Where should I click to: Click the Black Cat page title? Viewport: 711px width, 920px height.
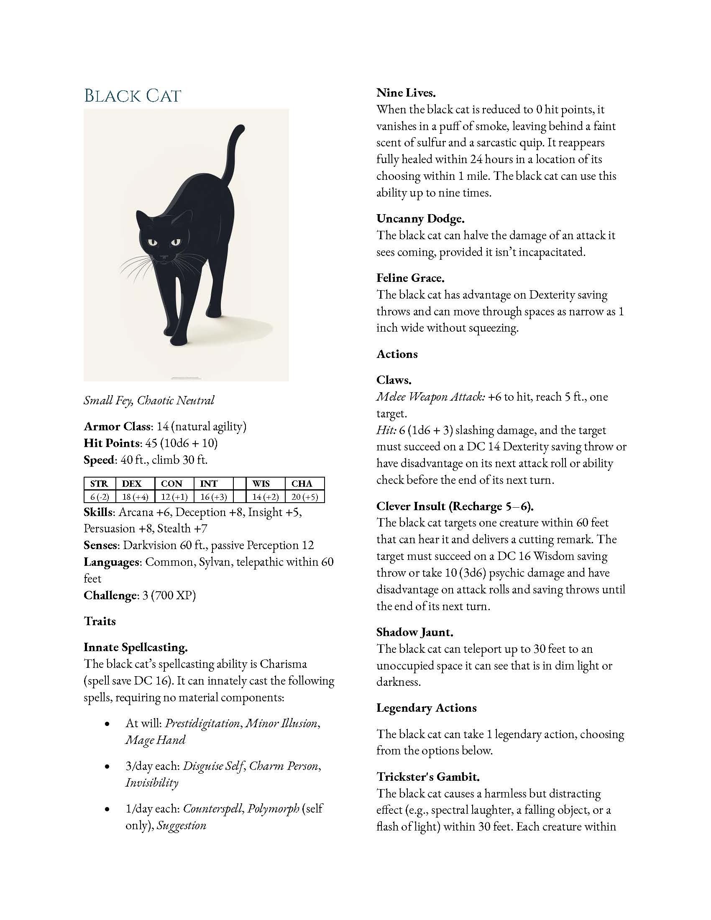click(x=132, y=96)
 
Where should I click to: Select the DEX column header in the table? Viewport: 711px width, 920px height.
click(x=131, y=483)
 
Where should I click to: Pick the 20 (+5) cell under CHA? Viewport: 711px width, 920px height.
click(x=304, y=497)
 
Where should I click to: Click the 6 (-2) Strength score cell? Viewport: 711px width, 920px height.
click(x=100, y=497)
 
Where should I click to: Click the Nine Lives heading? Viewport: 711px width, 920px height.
click(x=406, y=93)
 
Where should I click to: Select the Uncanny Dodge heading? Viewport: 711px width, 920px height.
click(x=420, y=219)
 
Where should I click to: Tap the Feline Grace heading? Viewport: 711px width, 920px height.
click(x=410, y=278)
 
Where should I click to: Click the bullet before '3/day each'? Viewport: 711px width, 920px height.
click(x=107, y=767)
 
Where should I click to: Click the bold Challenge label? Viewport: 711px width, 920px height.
click(x=110, y=595)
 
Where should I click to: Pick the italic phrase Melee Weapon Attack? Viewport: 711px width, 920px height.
click(x=430, y=397)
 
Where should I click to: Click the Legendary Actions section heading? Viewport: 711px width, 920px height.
click(x=426, y=708)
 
